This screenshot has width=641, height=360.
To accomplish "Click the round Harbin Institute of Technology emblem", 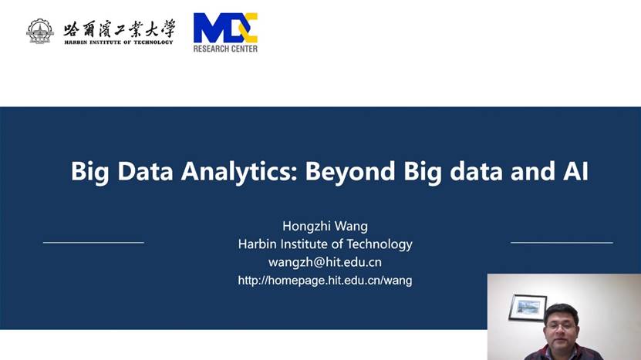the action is click(39, 31).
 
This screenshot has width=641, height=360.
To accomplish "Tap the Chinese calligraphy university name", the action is click(119, 29).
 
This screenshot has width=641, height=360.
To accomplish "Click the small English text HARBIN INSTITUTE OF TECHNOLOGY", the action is click(119, 42).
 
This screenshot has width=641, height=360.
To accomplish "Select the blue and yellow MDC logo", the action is click(225, 28).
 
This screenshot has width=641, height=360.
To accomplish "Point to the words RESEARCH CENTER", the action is click(225, 49).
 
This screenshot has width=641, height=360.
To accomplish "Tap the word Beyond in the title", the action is click(350, 171).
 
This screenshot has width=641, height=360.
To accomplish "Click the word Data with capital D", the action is click(145, 171).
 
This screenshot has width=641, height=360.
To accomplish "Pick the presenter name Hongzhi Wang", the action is click(325, 226).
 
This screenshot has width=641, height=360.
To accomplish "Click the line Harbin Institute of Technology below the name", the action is click(325, 244).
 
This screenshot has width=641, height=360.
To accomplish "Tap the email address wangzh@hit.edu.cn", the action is click(325, 262).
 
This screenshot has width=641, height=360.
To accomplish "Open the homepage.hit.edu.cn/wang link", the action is click(325, 281).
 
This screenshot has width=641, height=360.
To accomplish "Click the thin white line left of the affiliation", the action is click(93, 243).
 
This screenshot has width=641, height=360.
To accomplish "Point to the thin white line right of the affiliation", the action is click(562, 243).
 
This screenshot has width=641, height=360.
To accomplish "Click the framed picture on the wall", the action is click(528, 308).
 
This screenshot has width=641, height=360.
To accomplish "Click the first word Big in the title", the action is click(90, 171).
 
